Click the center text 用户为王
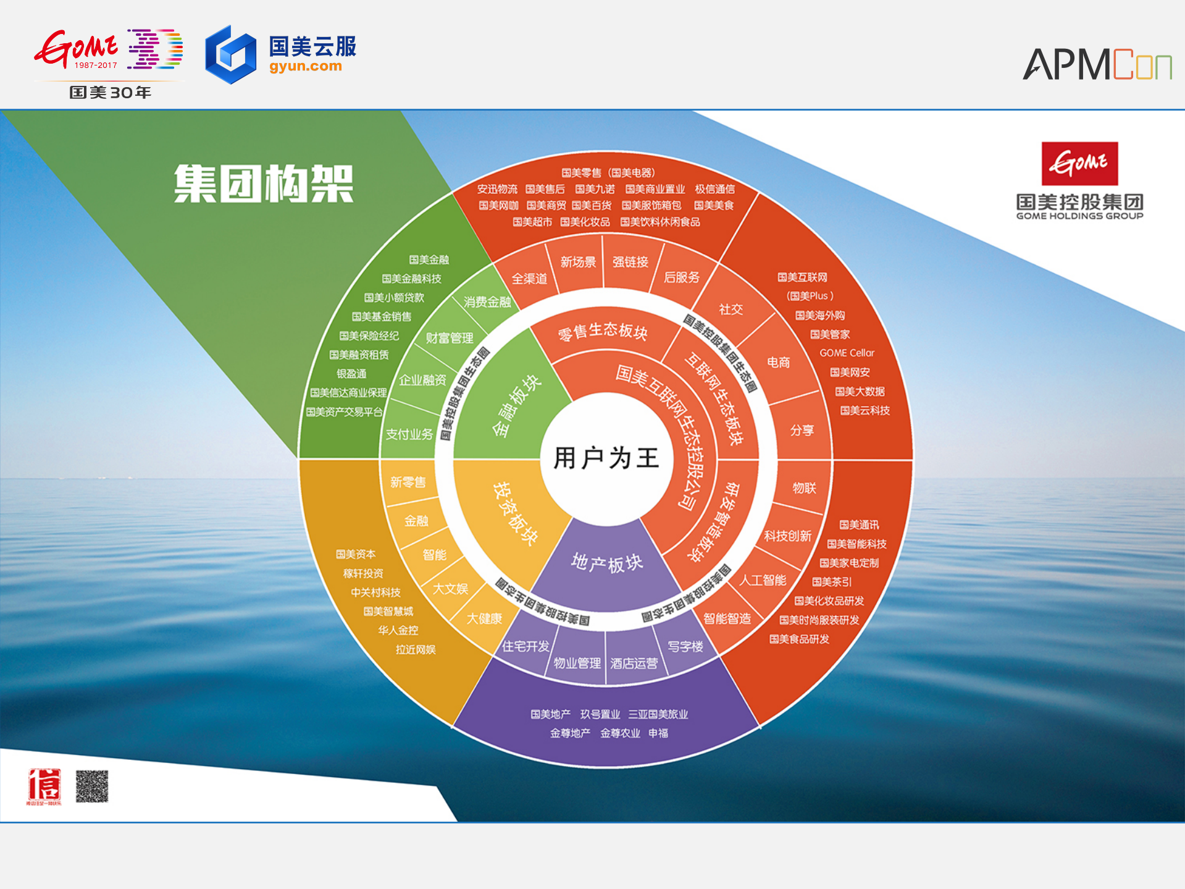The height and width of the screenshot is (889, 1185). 606,458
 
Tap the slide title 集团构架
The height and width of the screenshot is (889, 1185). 264,183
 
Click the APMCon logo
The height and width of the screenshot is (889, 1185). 1097,64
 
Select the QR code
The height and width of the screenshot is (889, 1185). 92,786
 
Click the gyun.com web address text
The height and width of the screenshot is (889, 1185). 305,67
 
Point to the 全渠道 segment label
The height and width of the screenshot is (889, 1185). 529,279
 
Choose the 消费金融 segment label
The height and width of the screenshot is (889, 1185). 487,301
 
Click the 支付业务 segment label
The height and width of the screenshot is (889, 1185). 409,434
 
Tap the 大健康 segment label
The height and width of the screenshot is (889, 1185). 484,618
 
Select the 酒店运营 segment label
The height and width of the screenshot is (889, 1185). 634,664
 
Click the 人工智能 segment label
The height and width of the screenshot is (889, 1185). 763,580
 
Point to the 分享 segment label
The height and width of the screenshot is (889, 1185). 802,430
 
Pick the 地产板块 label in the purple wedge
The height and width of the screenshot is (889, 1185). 607,563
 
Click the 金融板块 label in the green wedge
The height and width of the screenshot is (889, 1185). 516,405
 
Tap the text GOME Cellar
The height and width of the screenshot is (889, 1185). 847,353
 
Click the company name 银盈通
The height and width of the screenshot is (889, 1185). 351,374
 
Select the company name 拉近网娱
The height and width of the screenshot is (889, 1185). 416,649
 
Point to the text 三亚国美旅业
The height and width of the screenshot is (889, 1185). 658,714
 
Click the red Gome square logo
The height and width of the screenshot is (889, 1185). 1079,164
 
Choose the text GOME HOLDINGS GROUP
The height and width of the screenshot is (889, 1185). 1079,216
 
